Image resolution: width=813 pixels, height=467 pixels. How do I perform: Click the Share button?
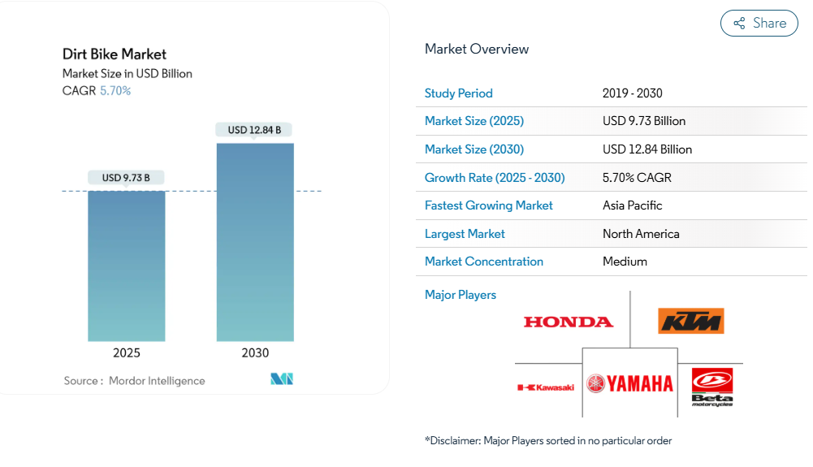pos(759,24)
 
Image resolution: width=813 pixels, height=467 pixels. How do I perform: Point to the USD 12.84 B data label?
pos(254,130)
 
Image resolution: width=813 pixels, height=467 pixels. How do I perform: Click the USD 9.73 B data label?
pos(126,178)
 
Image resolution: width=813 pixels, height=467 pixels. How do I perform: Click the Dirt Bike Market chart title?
pos(115,54)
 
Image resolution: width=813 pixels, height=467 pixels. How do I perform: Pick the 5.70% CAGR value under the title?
pos(115,91)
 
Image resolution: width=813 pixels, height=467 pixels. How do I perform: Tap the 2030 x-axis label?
pos(255,353)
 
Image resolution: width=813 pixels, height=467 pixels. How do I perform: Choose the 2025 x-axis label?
pos(127,353)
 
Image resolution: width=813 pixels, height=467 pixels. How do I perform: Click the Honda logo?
pos(569,322)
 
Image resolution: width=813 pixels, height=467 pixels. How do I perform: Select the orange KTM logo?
pos(690,321)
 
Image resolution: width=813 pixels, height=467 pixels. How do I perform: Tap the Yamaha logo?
pos(630,383)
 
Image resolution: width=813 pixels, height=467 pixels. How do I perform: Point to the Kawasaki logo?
pos(546,387)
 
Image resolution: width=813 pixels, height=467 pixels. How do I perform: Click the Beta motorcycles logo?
pos(712,387)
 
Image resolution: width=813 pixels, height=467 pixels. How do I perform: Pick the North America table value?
pos(641,234)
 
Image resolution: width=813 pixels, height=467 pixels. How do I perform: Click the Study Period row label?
pos(459,93)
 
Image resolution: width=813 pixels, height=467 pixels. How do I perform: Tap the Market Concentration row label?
pos(484,262)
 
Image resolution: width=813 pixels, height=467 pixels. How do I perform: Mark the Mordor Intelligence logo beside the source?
pos(282,379)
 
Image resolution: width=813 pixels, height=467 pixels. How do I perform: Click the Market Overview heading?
pos(477,49)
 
